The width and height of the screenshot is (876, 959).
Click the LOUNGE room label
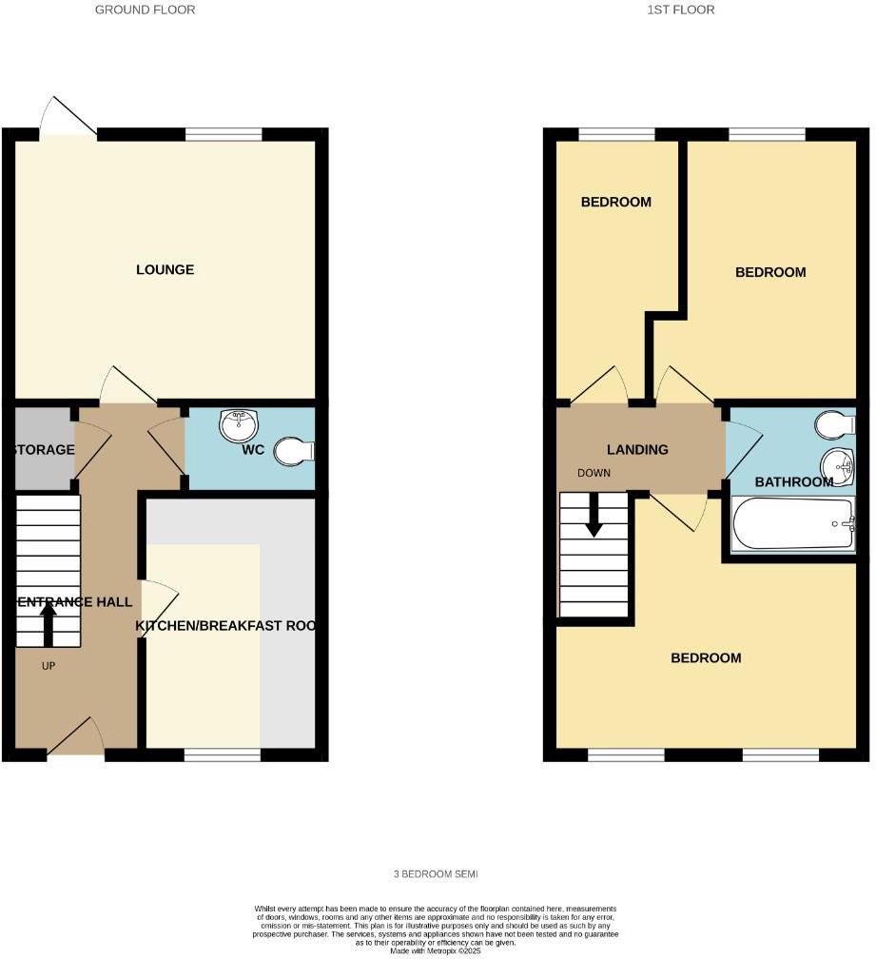(165, 269)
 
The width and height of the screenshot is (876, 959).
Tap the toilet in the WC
(294, 451)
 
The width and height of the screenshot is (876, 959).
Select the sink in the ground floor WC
(239, 424)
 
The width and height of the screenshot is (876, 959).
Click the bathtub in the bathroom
(793, 524)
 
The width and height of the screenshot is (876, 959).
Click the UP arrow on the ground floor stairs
(48, 624)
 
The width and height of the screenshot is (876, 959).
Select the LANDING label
(637, 449)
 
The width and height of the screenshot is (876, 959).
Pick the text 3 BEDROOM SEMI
(438, 873)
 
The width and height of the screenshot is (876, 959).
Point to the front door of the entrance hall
(76, 742)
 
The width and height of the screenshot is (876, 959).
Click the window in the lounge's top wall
(224, 135)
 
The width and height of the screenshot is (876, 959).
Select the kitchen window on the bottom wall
(222, 755)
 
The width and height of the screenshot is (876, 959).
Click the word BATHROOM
(794, 482)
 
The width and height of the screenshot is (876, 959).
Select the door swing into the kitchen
(159, 602)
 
